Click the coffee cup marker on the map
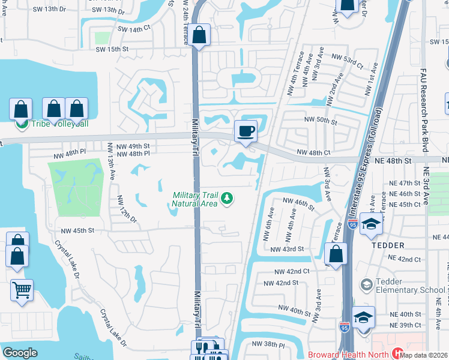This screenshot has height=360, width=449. [245, 131]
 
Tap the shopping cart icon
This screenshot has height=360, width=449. [22, 290]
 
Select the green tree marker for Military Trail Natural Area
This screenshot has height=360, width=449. [227, 198]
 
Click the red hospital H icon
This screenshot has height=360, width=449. [397, 353]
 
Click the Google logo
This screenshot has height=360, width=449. [20, 352]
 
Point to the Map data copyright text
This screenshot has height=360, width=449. [423, 355]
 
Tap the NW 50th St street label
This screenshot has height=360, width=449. [321, 121]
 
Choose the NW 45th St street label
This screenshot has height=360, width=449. [77, 230]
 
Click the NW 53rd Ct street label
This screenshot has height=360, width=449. [346, 62]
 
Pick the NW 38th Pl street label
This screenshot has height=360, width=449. [268, 344]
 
